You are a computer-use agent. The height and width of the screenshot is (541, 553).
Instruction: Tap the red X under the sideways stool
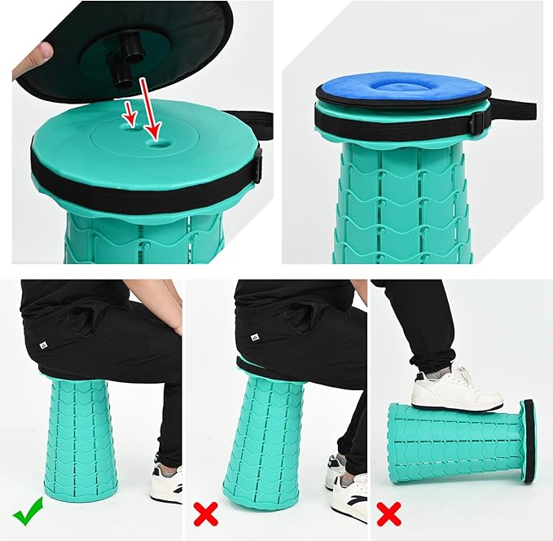point(388,514)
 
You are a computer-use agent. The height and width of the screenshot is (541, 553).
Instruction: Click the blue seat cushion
point(403,88)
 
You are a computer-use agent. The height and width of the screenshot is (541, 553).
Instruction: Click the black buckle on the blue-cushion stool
point(480,121)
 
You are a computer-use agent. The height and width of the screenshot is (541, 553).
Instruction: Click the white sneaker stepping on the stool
point(456,389)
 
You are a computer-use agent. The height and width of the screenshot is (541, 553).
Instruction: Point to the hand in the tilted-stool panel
point(358,294)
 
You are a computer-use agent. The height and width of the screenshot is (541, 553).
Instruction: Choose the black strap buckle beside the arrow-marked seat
point(257,165)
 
